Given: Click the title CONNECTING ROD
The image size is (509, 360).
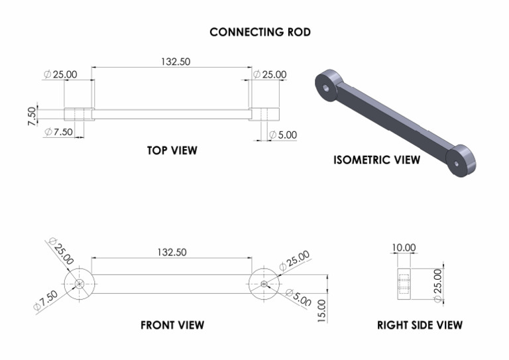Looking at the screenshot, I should [x=260, y=32].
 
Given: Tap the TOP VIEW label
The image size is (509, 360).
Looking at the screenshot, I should [x=172, y=150].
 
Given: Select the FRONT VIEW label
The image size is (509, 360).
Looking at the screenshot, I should [x=172, y=325].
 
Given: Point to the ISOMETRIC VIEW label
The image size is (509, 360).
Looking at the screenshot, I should [x=376, y=160].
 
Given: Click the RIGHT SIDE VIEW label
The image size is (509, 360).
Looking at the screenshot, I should [x=420, y=325].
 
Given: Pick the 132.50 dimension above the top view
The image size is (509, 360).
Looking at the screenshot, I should [x=175, y=61].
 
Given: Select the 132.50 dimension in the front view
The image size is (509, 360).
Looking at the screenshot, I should [x=172, y=252].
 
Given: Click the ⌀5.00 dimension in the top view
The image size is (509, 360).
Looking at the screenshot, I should [x=283, y=135].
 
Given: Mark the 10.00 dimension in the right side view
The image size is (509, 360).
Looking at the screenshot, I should [x=404, y=248].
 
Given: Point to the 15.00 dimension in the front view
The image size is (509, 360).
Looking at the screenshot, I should [x=322, y=310].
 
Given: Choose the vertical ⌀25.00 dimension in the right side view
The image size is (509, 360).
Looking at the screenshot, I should [x=437, y=286].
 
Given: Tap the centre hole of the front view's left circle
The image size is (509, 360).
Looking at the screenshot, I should [x=80, y=283].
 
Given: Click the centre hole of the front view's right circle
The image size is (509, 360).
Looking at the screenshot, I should [x=264, y=284].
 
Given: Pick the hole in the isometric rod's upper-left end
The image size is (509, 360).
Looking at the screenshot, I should [x=325, y=88].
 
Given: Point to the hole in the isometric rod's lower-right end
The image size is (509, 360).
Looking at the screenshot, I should [x=457, y=162].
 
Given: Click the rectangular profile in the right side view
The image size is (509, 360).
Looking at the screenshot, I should [x=404, y=284].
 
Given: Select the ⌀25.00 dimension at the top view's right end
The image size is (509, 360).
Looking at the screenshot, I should [x=270, y=74].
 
